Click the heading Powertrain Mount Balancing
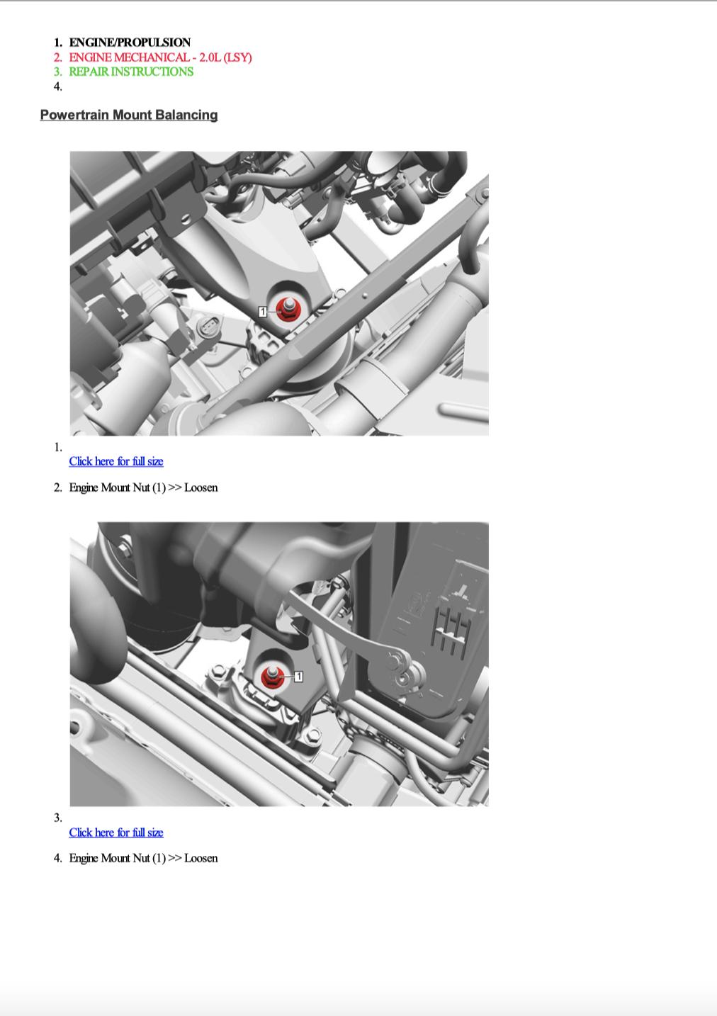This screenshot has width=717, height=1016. pos(129,115)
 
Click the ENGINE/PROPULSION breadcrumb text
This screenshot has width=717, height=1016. pos(130,43)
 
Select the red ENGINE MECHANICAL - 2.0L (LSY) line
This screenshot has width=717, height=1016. pos(160,57)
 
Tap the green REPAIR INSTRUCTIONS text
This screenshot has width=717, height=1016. pos(131,72)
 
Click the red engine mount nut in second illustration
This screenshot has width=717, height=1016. pos(273,677)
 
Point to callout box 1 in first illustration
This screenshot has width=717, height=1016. pos(262,312)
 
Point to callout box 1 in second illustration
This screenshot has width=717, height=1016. pos(298,677)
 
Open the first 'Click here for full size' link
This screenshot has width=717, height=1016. pos(116,461)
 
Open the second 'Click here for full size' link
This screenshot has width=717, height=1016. pos(116,832)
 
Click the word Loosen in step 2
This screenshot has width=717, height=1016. pos(201,487)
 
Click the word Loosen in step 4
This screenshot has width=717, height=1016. pos(201,858)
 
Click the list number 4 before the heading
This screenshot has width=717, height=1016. pos(57,86)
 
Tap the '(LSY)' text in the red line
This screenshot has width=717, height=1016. pos(237,57)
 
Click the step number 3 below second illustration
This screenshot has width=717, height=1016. pos(57,818)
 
